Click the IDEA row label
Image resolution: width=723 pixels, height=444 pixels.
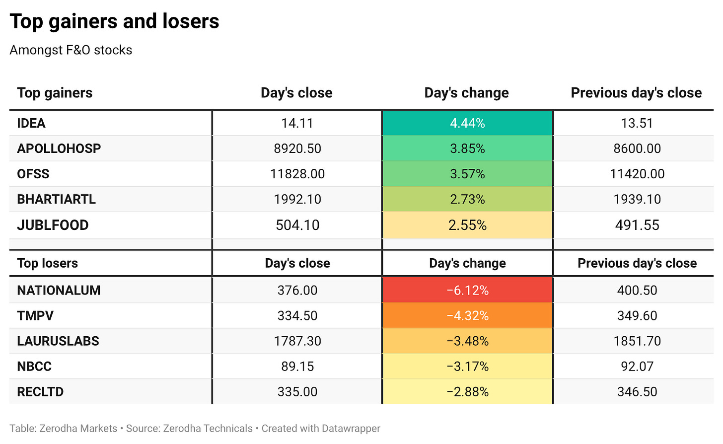tap(31, 123)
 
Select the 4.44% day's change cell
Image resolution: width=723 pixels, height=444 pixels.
tap(467, 123)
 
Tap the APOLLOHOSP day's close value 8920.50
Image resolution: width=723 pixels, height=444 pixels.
tap(297, 148)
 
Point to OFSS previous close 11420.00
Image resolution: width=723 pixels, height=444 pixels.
tap(637, 174)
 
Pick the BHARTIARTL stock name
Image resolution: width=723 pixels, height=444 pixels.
tap(56, 199)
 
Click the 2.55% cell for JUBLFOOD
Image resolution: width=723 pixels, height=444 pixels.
tap(467, 225)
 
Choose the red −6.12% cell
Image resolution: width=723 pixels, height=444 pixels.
tap(467, 291)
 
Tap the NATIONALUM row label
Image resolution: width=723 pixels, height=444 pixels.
tap(59, 291)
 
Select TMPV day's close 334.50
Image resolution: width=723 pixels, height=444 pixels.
tap(297, 315)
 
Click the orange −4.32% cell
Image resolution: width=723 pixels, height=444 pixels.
tap(467, 315)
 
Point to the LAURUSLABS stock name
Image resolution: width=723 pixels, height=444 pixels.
tap(58, 341)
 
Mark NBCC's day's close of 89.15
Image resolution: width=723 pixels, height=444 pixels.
tap(297, 367)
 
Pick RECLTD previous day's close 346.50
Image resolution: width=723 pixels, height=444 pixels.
tap(637, 392)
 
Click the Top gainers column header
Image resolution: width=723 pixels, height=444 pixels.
tap(55, 93)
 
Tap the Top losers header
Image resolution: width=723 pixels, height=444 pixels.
tap(48, 263)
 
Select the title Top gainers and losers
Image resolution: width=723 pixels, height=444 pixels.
tap(114, 21)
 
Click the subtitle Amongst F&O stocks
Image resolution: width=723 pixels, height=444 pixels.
tap(71, 50)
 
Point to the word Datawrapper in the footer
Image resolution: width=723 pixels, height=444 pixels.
tap(351, 429)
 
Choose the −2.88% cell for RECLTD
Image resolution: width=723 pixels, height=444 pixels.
tap(467, 392)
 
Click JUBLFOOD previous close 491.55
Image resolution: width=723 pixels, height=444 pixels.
tap(637, 225)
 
